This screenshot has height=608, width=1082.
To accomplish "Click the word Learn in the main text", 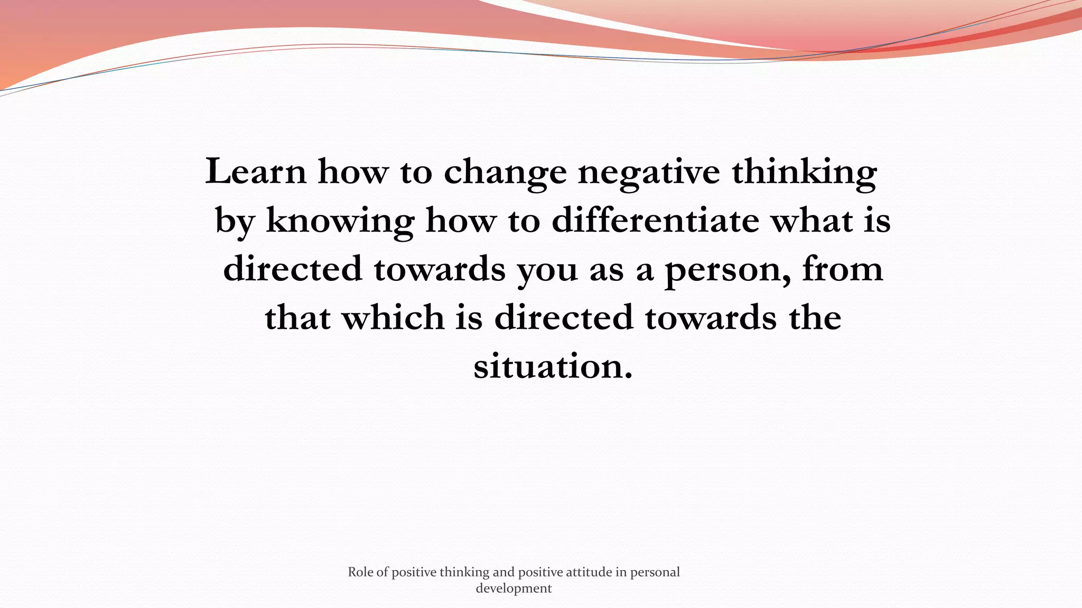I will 256,172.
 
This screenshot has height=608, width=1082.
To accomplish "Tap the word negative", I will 649,173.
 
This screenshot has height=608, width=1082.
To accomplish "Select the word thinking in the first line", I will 804,173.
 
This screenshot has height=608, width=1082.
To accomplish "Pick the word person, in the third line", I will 727,270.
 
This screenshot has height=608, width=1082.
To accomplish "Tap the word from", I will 843,269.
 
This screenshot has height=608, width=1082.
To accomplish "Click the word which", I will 393,317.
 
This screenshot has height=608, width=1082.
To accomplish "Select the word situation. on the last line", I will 553,366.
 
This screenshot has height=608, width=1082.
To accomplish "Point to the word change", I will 505,173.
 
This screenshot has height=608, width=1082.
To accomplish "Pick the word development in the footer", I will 514,588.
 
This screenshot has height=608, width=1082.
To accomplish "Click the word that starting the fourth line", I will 297,317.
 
